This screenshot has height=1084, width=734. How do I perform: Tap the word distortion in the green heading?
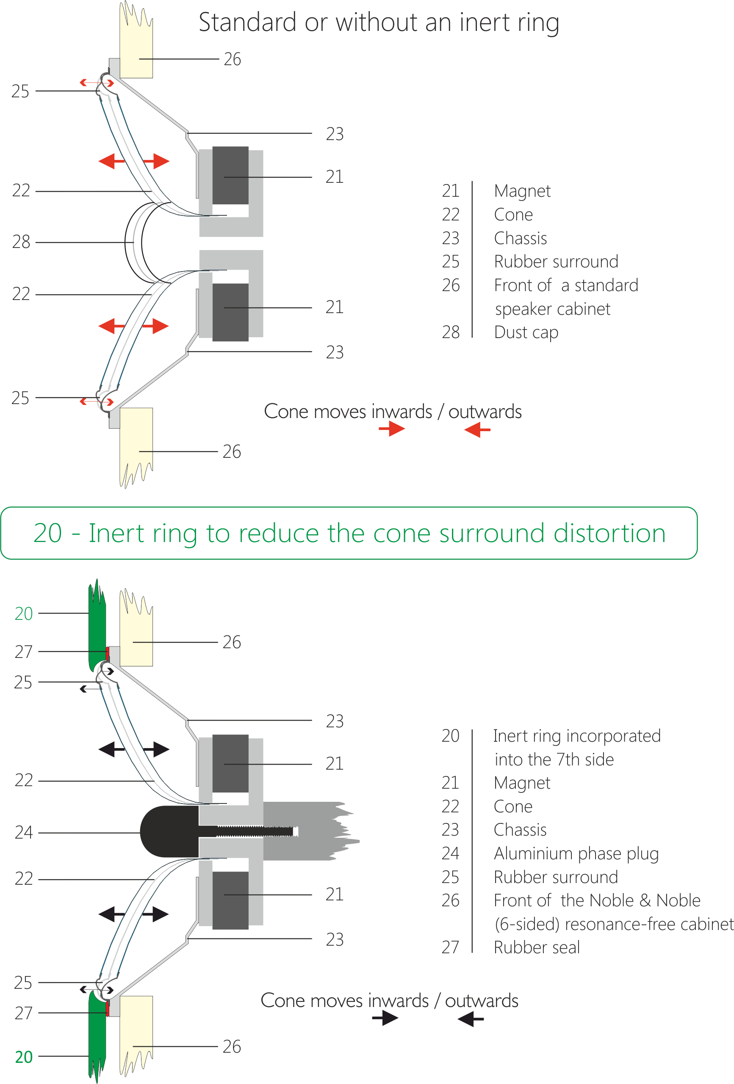(609, 533)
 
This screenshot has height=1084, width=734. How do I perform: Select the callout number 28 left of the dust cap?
(21, 242)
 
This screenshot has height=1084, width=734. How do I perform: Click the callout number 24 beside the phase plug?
(23, 832)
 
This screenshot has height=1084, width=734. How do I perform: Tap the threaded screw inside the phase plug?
(255, 831)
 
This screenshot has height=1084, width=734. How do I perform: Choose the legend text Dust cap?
(526, 333)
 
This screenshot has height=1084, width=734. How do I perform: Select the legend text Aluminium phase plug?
(576, 853)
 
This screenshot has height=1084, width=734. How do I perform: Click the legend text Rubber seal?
(537, 947)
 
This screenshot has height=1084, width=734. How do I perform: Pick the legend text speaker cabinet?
(553, 309)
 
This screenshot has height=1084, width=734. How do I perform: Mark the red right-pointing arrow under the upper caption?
(392, 429)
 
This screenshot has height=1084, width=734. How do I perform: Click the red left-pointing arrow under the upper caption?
(477, 429)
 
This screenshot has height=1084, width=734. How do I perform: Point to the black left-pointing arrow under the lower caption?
(471, 1019)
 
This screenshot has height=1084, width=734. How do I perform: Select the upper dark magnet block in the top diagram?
(230, 176)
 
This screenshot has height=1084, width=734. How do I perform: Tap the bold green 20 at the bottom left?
(24, 1056)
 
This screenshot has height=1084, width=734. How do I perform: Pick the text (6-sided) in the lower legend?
(527, 924)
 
